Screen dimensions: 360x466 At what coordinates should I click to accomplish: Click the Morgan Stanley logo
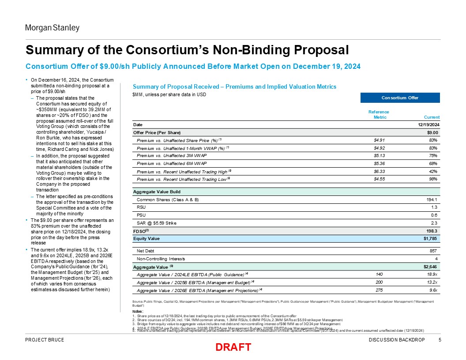pyautogui.click(x=52, y=28)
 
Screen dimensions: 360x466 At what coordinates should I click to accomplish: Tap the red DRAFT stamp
pyautogui.click(x=233, y=347)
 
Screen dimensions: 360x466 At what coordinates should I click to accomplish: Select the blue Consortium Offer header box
pyautogui.click(x=400, y=97)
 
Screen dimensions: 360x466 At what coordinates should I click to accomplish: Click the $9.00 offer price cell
pyautogui.click(x=432, y=132)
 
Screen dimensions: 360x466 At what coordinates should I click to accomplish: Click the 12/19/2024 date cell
pyautogui.click(x=427, y=125)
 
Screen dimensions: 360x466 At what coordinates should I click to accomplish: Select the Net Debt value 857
pyautogui.click(x=433, y=250)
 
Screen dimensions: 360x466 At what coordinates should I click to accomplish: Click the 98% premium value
pyautogui.click(x=433, y=179)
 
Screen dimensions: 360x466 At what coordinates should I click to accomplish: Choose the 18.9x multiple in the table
pyautogui.click(x=431, y=274)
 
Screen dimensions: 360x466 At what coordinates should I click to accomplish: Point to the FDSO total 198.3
pyautogui.click(x=431, y=231)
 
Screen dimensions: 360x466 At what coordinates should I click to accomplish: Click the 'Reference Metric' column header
pyautogui.click(x=379, y=115)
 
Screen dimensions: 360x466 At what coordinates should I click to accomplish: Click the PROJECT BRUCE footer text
pyautogui.click(x=45, y=339)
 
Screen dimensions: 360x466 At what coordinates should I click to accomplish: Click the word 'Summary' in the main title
pyautogui.click(x=51, y=49)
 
